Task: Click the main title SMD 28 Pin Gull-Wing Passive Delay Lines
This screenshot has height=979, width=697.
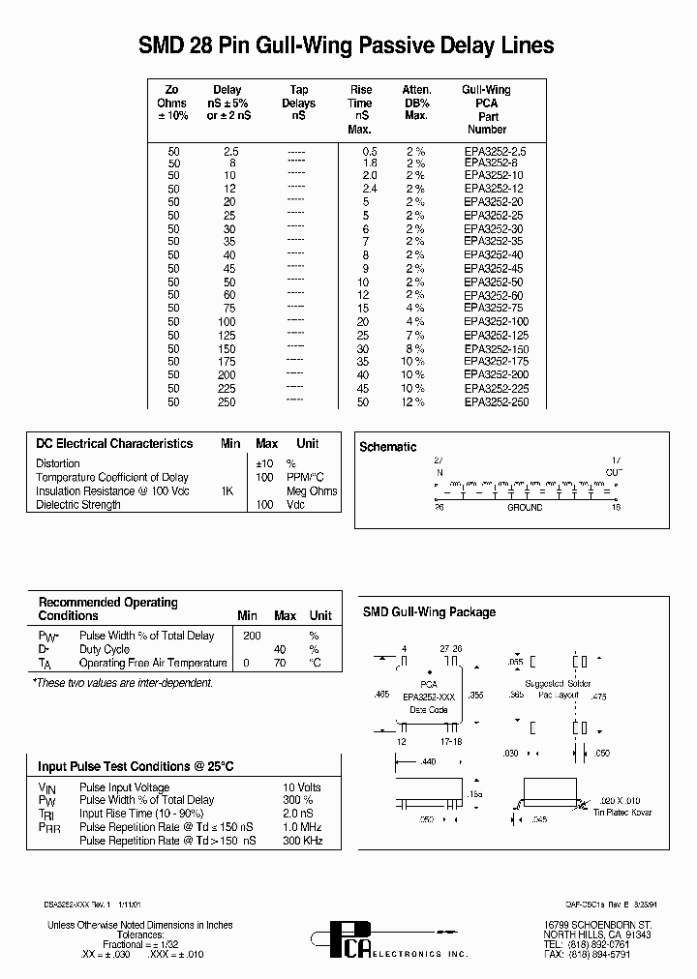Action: (347, 45)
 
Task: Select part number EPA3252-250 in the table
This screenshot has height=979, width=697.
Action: (496, 401)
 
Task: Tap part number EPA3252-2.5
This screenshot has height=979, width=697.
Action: (495, 152)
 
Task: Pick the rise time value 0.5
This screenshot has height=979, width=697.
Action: (369, 152)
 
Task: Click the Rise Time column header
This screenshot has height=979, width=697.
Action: (360, 109)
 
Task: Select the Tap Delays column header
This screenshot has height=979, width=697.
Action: (298, 103)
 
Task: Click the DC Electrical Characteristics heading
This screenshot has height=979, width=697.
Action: (114, 444)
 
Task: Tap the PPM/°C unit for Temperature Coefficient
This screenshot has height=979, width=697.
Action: (304, 478)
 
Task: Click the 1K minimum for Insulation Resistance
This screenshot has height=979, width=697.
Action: (227, 491)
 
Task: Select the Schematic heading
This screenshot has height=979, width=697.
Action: (388, 447)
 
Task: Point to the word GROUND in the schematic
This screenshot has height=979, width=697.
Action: (525, 508)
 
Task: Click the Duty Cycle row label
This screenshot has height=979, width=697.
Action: (105, 650)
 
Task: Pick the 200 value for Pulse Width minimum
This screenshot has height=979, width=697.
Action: (252, 637)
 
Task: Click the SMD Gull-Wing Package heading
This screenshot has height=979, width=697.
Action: (429, 612)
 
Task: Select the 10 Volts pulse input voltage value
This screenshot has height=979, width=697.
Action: (301, 787)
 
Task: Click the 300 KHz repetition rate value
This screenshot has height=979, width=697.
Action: (302, 842)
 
